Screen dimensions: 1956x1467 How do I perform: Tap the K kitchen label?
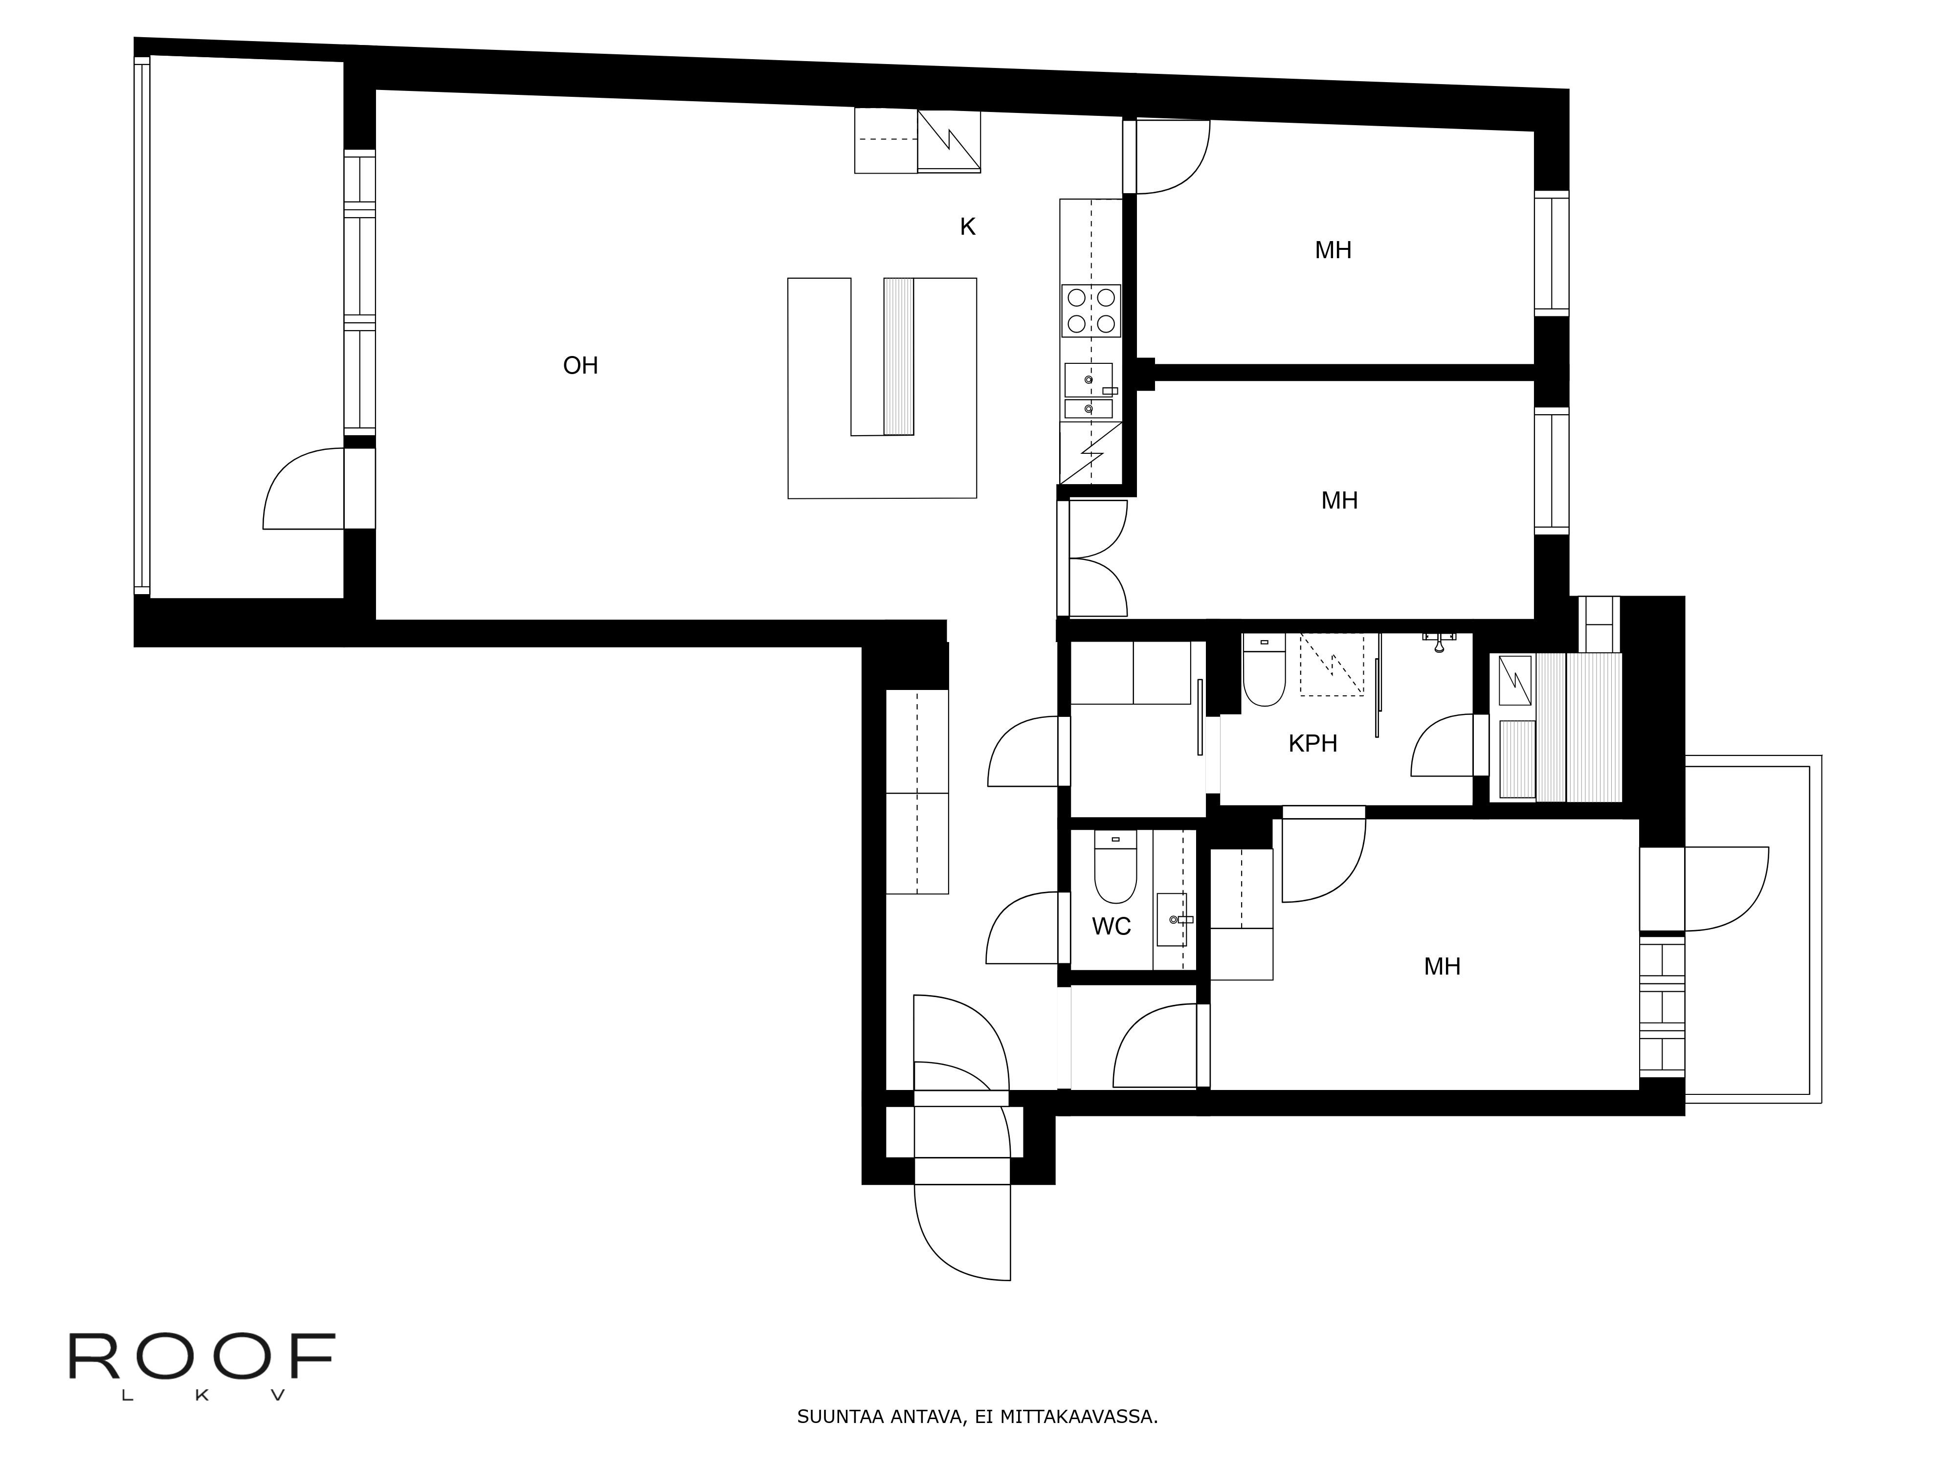click(x=967, y=227)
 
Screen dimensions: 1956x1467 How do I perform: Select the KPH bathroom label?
click(x=1312, y=744)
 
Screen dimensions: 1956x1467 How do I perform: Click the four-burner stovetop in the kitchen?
click(x=1091, y=311)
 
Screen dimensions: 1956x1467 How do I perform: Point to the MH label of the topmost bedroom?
click(x=1333, y=250)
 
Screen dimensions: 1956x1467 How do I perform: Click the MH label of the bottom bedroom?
click(x=1442, y=966)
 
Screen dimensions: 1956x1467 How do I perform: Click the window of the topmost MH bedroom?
click(x=1551, y=253)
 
